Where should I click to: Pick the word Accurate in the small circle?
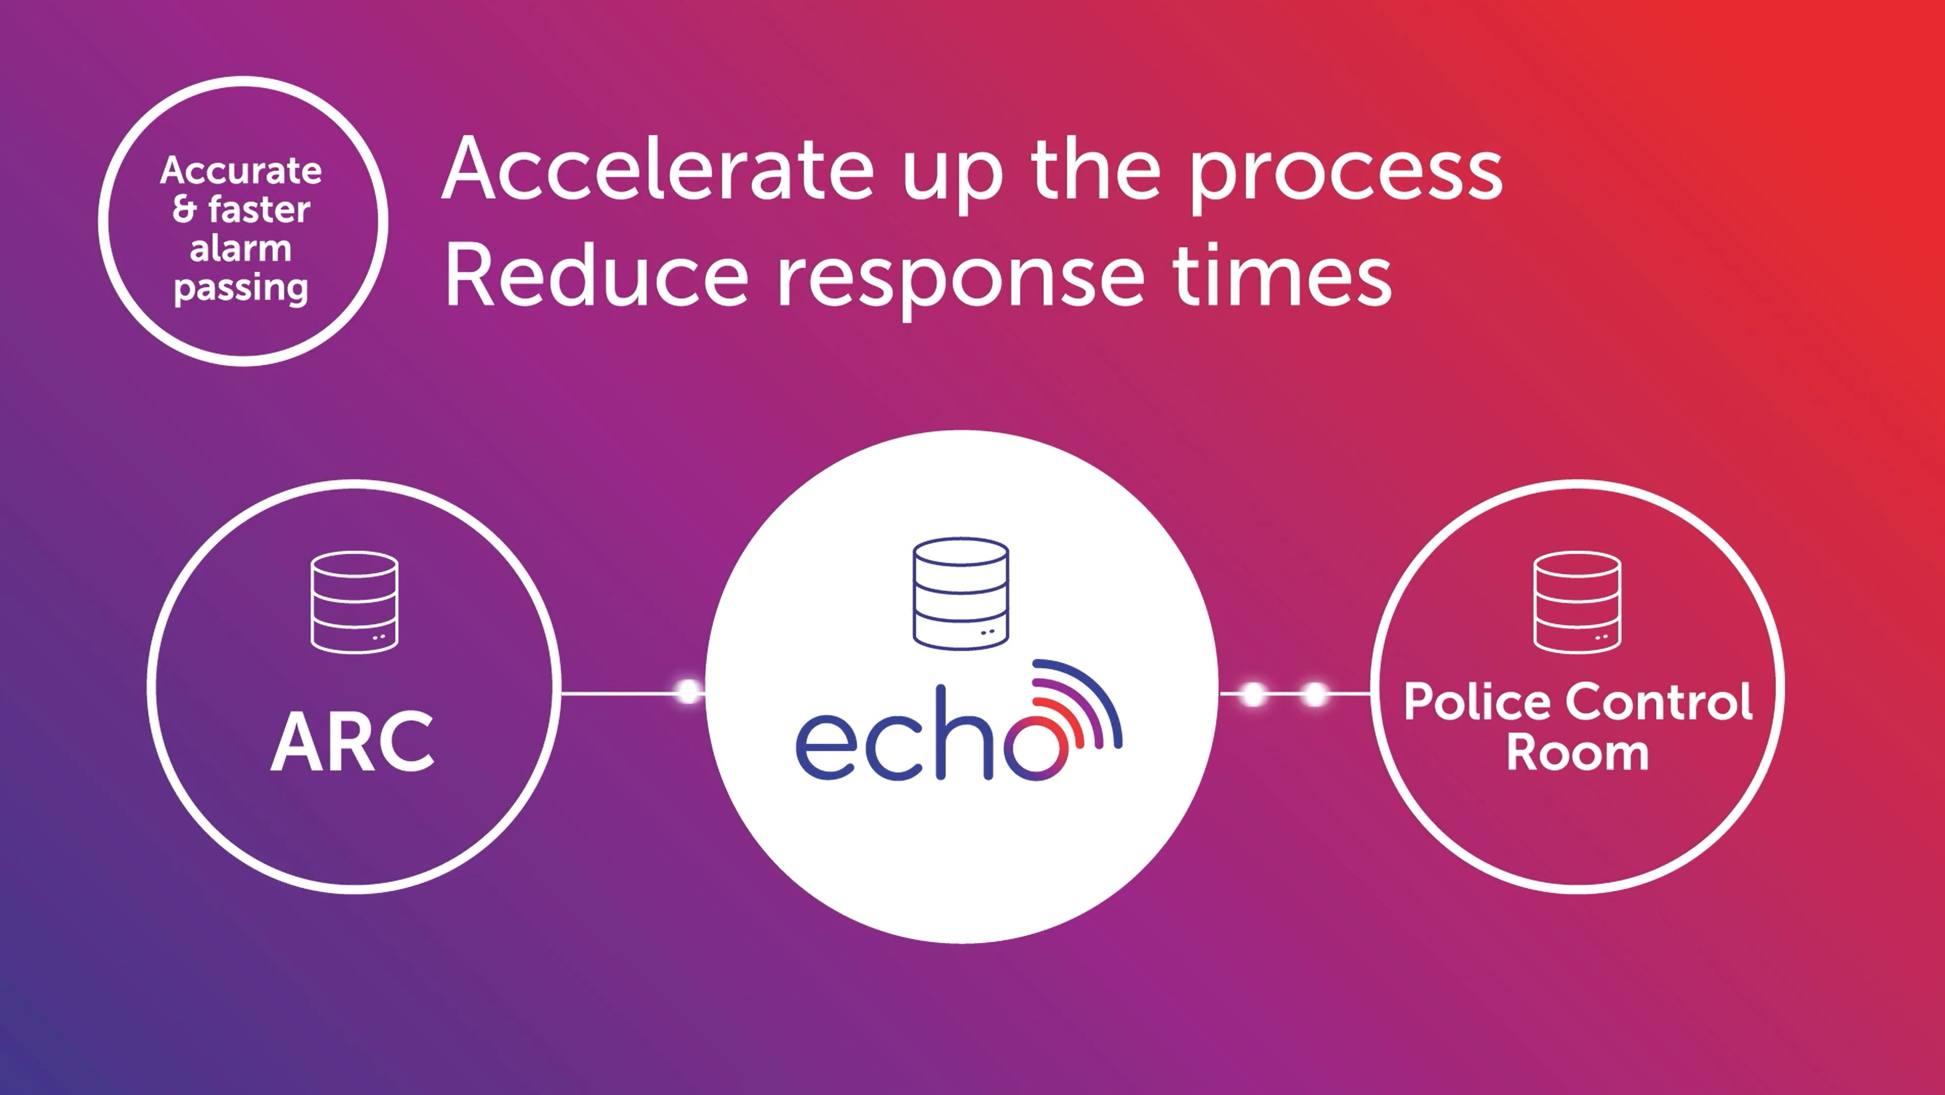click(x=241, y=171)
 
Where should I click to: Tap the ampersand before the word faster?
click(x=184, y=209)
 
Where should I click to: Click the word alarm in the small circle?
click(x=241, y=249)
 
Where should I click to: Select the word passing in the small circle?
click(x=241, y=288)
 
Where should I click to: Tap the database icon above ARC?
click(x=354, y=602)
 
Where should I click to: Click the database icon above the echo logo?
click(x=961, y=593)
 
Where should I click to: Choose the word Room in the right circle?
click(x=1578, y=753)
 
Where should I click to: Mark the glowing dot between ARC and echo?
click(x=688, y=692)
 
